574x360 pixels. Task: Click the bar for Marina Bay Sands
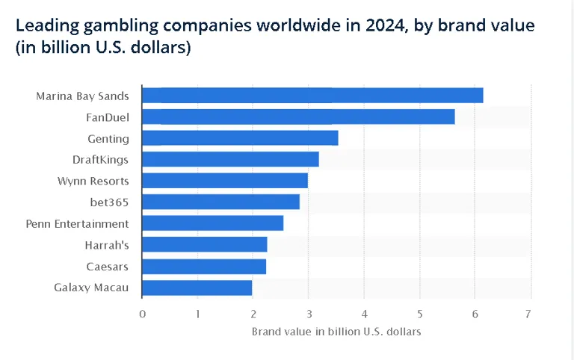pyautogui.click(x=312, y=96)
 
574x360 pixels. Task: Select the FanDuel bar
pyautogui.click(x=298, y=117)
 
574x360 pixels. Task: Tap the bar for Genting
pyautogui.click(x=240, y=138)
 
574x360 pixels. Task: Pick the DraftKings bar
pyautogui.click(x=230, y=159)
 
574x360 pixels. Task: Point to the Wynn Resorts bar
pyautogui.click(x=224, y=181)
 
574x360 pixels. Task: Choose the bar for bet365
pyautogui.click(x=220, y=202)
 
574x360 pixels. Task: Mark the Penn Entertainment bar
pyautogui.click(x=212, y=223)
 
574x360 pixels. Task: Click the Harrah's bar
pyautogui.click(x=204, y=244)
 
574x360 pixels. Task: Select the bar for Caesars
pyautogui.click(x=203, y=266)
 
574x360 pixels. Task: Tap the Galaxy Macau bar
pyautogui.click(x=197, y=288)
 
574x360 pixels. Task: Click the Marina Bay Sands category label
pyautogui.click(x=82, y=96)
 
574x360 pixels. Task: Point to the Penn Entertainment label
pyautogui.click(x=77, y=223)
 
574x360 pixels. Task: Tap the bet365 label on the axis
pyautogui.click(x=108, y=202)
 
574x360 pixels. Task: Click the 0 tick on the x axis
pyautogui.click(x=142, y=314)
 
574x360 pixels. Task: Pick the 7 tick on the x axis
pyautogui.click(x=530, y=314)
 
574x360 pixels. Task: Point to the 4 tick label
pyautogui.click(x=364, y=314)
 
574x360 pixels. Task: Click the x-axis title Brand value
pyautogui.click(x=336, y=331)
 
